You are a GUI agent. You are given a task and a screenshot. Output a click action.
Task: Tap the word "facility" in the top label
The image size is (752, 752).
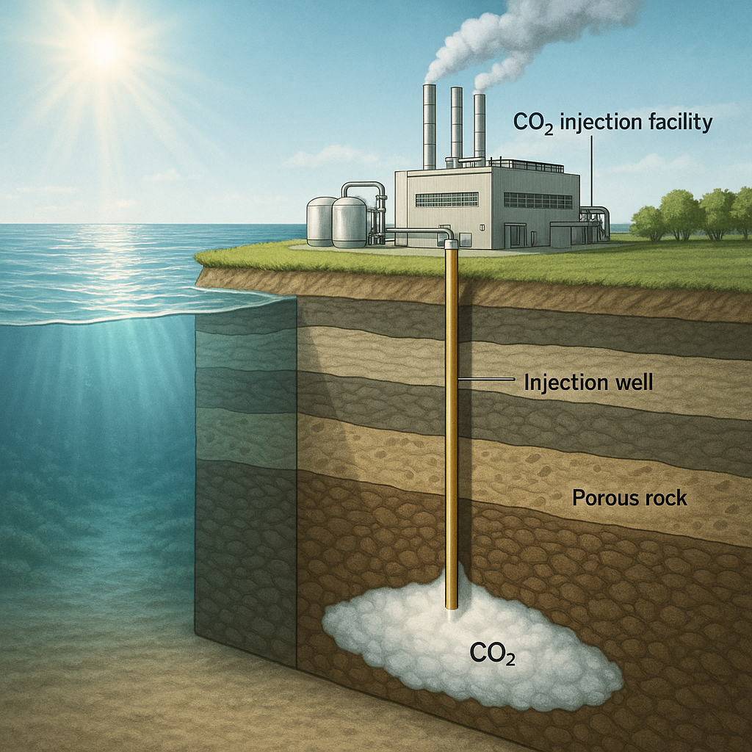click(x=677, y=122)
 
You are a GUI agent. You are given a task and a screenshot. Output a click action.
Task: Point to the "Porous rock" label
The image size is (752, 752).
click(x=629, y=498)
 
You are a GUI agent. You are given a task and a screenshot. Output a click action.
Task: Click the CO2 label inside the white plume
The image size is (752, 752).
click(x=492, y=653)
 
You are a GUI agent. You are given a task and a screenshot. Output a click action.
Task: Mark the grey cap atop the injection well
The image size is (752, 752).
click(x=452, y=243)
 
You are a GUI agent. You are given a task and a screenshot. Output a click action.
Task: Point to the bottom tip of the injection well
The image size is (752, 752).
click(x=452, y=606)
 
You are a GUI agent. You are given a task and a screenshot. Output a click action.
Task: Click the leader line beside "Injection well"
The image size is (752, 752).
click(x=485, y=380)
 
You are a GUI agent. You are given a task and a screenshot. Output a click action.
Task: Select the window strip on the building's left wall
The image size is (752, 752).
click(x=446, y=199)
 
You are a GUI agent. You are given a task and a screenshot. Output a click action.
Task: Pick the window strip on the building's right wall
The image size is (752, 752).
click(x=538, y=200)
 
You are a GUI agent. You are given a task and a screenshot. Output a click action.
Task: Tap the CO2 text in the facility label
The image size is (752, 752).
click(x=535, y=123)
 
